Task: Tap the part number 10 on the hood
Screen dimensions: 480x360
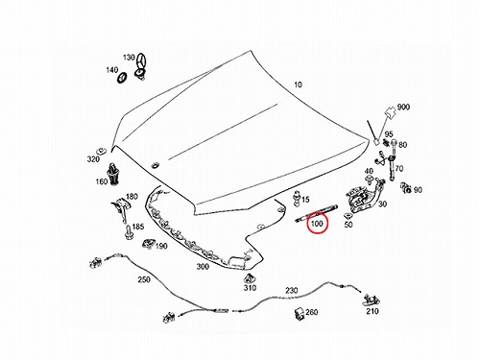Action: (298, 84)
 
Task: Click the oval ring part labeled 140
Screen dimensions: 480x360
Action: (122, 78)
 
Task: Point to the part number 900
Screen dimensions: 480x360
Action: (403, 107)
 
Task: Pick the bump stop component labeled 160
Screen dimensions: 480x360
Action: (113, 174)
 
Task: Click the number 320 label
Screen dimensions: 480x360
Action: (93, 158)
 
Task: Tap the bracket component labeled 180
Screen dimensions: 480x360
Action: (120, 209)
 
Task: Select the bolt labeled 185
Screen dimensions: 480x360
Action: (129, 232)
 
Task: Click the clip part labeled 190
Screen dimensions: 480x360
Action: (148, 244)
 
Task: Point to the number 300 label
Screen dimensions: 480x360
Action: (203, 267)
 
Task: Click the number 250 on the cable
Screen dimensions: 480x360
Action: (144, 279)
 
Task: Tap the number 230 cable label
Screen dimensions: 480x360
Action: (292, 291)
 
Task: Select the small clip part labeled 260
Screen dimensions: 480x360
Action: (300, 313)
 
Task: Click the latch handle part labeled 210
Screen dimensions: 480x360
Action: (372, 300)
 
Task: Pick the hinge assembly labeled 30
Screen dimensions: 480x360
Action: (363, 196)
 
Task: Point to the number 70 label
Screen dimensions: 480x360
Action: (399, 168)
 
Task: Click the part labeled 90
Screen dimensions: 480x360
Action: (406, 188)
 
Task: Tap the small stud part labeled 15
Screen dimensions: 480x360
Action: (298, 197)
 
